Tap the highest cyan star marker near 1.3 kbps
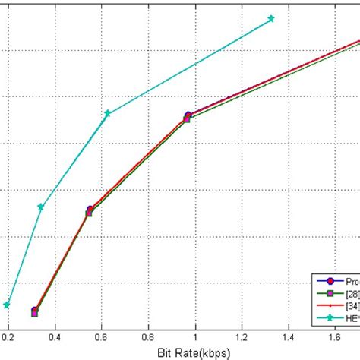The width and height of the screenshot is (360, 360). point(271,18)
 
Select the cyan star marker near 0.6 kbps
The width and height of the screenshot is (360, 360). point(107,113)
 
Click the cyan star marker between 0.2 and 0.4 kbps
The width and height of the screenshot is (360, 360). point(41,207)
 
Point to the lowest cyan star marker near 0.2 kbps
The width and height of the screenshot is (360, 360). point(7,305)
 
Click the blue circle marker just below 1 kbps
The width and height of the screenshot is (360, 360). point(188,115)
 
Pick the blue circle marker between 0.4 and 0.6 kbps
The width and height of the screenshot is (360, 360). point(90,210)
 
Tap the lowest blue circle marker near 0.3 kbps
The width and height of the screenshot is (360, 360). point(35,311)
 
